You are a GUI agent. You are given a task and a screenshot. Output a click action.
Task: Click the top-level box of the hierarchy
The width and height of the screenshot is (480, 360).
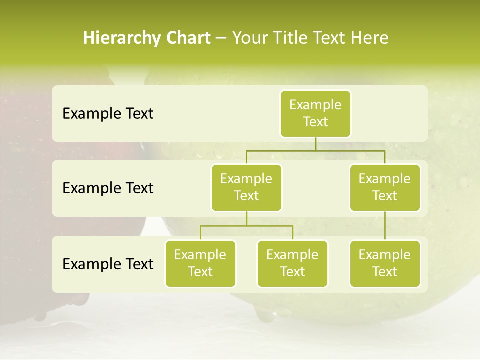[x=315, y=113]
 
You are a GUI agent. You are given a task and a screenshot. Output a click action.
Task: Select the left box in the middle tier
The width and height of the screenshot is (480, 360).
[x=246, y=187]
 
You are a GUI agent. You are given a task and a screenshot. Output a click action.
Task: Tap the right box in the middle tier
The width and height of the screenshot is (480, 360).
[x=385, y=187]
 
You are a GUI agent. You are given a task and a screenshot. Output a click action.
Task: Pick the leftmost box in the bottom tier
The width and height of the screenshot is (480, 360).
[x=200, y=263]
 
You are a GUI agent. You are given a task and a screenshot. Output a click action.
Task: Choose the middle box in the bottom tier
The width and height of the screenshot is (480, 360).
[x=292, y=263]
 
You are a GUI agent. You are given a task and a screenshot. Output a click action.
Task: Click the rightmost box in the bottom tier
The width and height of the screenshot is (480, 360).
[x=385, y=263]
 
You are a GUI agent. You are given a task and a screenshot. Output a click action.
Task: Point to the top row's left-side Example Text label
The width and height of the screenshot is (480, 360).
[x=108, y=114]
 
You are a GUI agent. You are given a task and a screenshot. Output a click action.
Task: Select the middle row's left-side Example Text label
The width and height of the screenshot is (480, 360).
[x=108, y=188]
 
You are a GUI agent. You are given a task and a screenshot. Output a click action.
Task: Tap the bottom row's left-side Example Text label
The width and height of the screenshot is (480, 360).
[x=108, y=264]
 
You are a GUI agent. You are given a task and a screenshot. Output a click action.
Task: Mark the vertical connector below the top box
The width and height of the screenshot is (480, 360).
[x=315, y=144]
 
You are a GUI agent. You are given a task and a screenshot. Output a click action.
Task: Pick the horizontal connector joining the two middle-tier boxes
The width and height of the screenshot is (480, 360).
[x=315, y=150]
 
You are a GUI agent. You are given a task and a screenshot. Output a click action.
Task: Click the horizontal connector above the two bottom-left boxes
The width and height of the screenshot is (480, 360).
[x=246, y=226]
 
